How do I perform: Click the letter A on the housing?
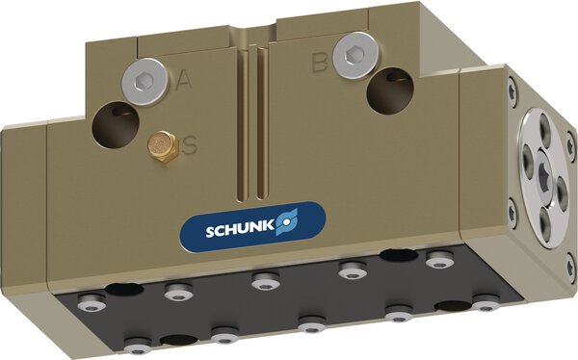click(182, 83)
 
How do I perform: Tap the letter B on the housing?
click(321, 64)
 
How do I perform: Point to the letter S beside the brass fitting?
click(190, 146)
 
